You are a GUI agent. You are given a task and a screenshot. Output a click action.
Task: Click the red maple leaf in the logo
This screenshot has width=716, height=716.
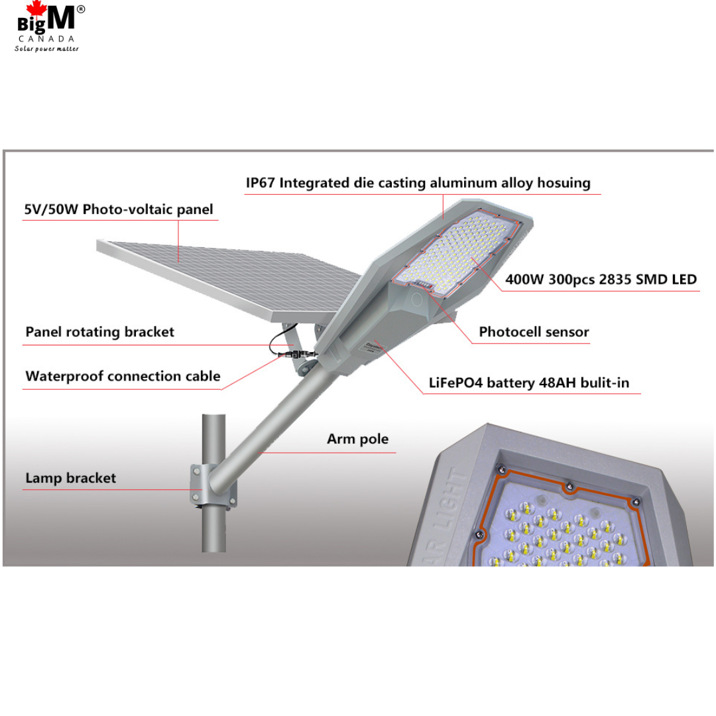(x=36, y=10)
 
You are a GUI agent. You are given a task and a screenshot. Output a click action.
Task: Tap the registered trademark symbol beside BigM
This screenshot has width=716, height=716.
(x=80, y=9)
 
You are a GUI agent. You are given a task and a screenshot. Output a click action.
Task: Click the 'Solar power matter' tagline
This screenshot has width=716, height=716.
(x=46, y=49)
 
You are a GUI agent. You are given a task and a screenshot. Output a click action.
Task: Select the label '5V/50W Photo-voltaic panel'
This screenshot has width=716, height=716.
(x=118, y=209)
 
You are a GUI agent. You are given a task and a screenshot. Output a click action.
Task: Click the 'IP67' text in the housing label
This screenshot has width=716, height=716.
(x=261, y=183)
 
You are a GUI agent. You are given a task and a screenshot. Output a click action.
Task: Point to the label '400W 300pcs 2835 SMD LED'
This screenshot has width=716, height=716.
(x=601, y=279)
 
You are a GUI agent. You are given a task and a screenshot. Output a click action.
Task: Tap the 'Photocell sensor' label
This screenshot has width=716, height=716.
(x=534, y=332)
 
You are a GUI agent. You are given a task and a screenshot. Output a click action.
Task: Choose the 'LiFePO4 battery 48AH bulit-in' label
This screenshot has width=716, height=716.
(x=529, y=383)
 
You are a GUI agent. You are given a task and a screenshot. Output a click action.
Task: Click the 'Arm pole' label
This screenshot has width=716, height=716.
(x=357, y=439)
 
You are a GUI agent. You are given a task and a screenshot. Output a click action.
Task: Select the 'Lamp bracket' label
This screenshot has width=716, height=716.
(x=71, y=478)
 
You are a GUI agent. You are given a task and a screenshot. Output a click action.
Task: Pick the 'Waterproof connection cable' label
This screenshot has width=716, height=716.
(x=123, y=377)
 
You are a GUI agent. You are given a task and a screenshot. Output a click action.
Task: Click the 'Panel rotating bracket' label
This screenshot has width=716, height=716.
(x=99, y=332)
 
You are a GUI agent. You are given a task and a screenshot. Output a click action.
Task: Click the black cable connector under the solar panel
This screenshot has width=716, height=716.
(x=297, y=354)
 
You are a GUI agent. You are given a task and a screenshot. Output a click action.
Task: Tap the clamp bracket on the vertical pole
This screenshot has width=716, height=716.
(x=213, y=485)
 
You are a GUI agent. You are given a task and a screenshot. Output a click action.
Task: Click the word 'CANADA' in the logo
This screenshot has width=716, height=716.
(x=46, y=39)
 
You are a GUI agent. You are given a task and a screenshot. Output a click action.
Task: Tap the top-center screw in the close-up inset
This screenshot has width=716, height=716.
(x=569, y=487)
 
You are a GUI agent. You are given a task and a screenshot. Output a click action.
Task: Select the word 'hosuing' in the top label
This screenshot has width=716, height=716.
(x=564, y=183)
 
